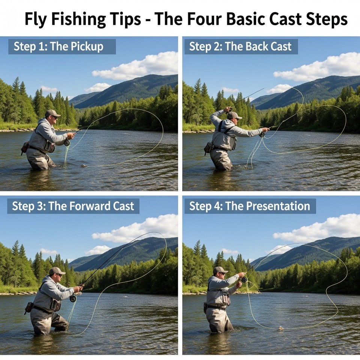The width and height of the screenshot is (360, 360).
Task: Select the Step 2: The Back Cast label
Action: (x=240, y=46)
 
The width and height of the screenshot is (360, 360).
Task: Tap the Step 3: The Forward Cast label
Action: (x=73, y=206)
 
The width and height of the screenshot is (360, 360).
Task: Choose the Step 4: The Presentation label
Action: (x=250, y=206)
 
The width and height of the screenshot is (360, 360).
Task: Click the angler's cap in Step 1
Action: (x=52, y=113)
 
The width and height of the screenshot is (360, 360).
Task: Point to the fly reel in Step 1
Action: (x=67, y=142)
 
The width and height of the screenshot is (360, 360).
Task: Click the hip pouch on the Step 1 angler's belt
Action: (x=25, y=148)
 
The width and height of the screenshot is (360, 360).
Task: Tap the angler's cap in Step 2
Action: (x=234, y=115)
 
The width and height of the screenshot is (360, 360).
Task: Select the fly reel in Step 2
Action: (x=262, y=134)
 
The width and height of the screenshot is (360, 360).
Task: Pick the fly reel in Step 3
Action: (x=73, y=298)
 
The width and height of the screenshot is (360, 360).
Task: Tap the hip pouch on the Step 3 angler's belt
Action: (x=29, y=307)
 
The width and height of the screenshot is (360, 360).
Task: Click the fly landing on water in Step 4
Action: (x=280, y=328)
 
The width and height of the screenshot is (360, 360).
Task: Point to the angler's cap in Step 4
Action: (x=220, y=270)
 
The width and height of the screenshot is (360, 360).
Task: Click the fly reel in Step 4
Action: (x=244, y=279)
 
